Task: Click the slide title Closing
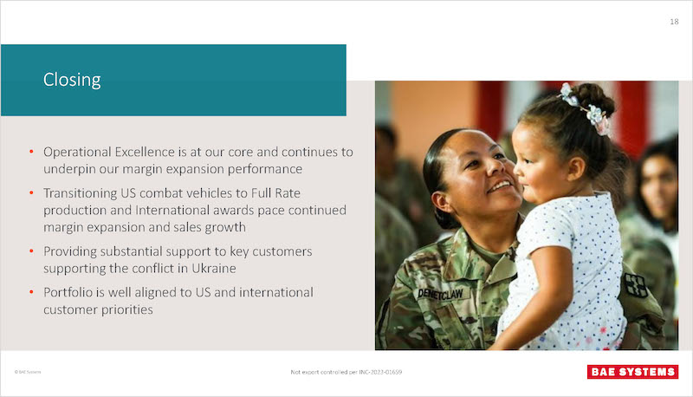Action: click(x=72, y=80)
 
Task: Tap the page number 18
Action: click(x=674, y=22)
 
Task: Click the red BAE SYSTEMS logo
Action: click(x=632, y=372)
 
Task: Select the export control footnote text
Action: click(x=346, y=372)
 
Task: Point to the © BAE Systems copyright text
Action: click(x=28, y=372)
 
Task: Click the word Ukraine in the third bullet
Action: click(x=213, y=269)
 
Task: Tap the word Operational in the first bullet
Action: click(x=77, y=153)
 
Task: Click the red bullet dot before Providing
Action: click(x=31, y=251)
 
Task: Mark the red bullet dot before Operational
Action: click(x=31, y=152)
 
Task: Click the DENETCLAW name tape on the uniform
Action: click(x=440, y=294)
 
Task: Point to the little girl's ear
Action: click(x=575, y=169)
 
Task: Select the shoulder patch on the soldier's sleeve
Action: click(x=636, y=284)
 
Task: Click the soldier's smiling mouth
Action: click(x=500, y=185)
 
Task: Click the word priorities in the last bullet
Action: click(x=127, y=310)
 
